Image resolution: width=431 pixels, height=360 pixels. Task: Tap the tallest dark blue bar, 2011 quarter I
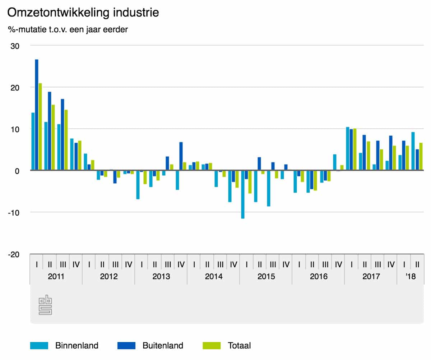(37, 115)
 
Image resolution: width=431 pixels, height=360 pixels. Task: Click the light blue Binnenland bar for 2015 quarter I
(243, 194)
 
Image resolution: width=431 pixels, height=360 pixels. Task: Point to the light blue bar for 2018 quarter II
(413, 151)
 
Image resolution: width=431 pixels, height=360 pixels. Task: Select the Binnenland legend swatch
(39, 346)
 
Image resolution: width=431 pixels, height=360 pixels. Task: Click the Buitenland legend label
(163, 346)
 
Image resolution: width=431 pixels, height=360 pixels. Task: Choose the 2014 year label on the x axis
(214, 277)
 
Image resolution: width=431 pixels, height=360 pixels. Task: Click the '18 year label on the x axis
(410, 277)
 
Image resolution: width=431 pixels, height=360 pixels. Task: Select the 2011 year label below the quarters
(56, 277)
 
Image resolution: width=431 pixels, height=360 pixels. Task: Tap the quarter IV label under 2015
(286, 265)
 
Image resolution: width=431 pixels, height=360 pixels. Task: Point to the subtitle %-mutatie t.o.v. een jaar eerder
(68, 29)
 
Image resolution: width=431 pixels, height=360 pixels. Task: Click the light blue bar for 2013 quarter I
(138, 185)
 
